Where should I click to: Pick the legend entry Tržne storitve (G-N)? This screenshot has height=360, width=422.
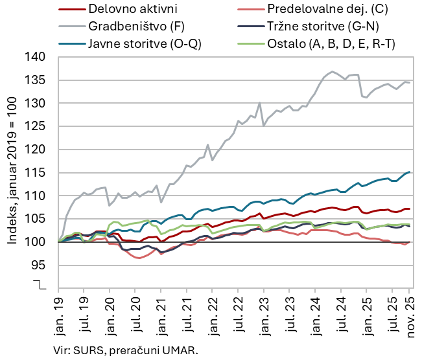coord(323,27)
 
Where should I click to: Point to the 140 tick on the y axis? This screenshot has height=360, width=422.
coord(37,57)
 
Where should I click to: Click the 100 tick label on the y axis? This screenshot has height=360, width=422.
coord(37,242)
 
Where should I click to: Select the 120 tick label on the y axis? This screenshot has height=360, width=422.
coord(37,150)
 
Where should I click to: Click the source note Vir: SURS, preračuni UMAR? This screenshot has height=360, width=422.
coord(126,350)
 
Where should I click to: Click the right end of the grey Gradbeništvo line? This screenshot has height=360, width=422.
coord(410,83)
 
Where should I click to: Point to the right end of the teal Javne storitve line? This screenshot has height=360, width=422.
coord(410,172)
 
